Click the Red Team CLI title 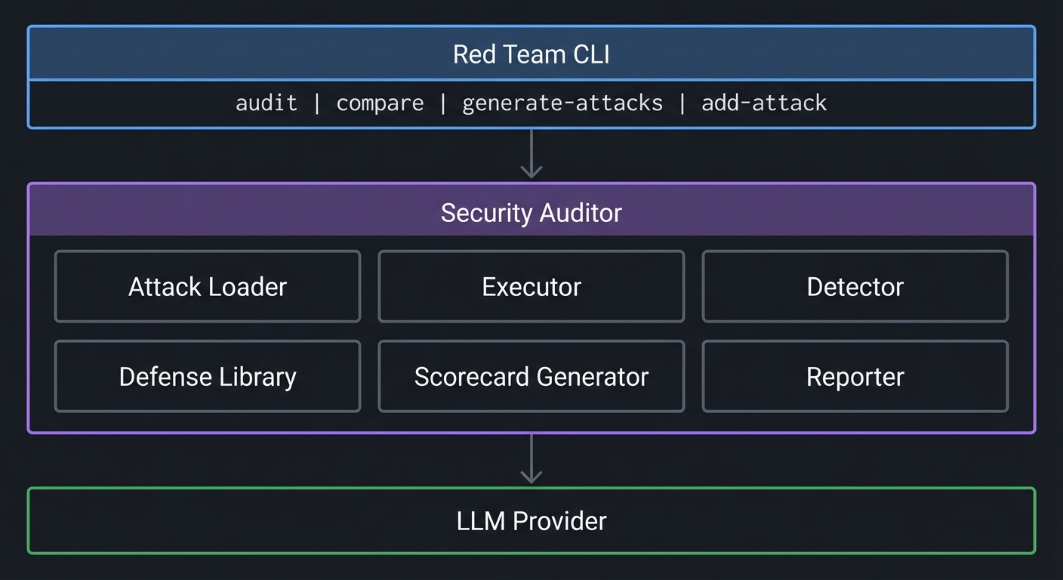coord(531,54)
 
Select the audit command coord(267,103)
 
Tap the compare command coord(380,103)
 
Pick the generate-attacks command coord(562,103)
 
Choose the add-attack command coord(764,103)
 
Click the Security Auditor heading coord(531,213)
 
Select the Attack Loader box coord(208,287)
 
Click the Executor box coord(531,287)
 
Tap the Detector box coord(855,287)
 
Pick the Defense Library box coord(208,377)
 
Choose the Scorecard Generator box coord(531,377)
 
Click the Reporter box coord(855,377)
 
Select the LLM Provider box coord(531,521)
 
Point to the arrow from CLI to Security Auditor coord(531,155)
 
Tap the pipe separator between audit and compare coord(317,103)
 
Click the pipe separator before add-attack coord(682,103)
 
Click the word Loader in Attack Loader coord(249,287)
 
